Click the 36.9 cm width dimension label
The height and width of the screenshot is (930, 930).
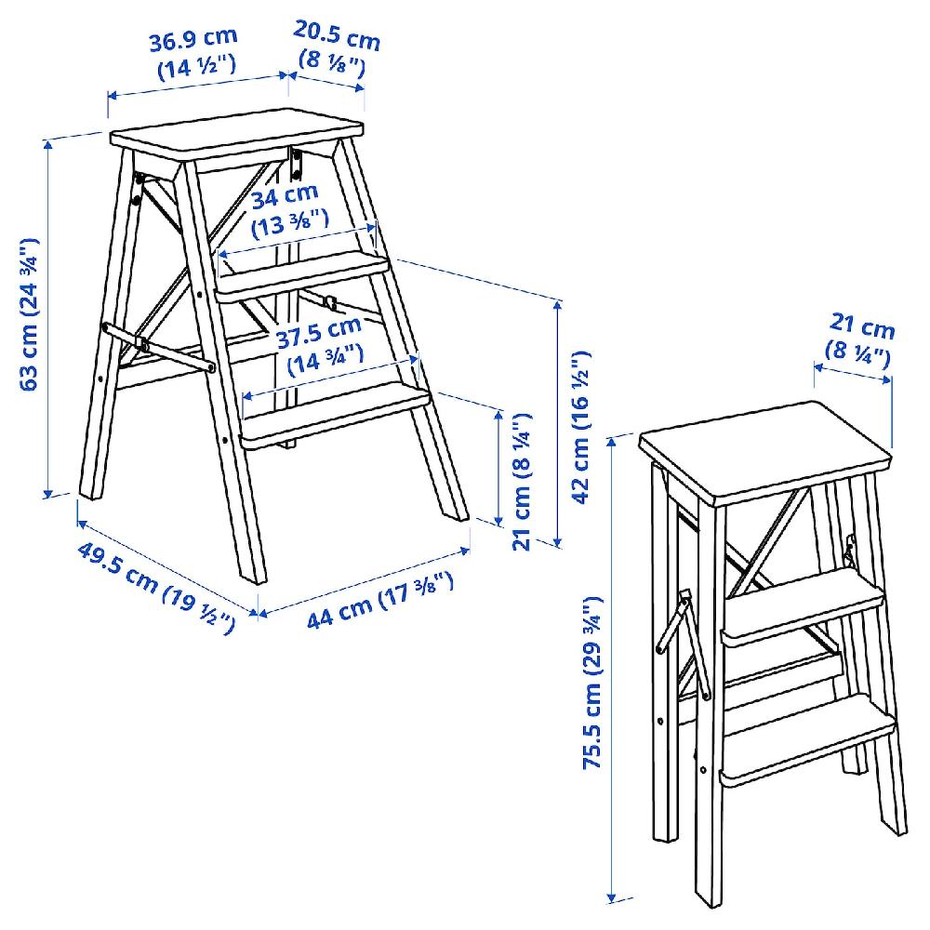click(x=193, y=53)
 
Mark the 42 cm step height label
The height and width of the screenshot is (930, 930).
click(x=581, y=427)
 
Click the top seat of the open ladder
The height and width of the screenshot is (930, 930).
click(x=237, y=137)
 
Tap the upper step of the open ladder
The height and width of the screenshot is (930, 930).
click(x=302, y=273)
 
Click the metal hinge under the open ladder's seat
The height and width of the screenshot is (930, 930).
click(x=297, y=162)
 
